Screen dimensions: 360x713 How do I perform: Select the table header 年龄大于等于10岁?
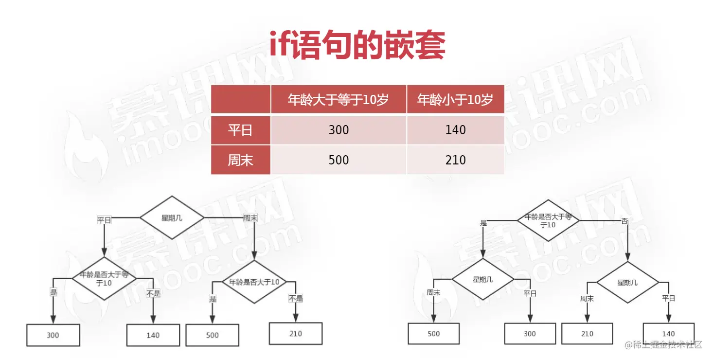click(x=339, y=100)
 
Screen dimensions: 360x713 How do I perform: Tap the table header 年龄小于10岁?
click(x=455, y=100)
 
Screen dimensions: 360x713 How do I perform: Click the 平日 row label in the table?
click(x=241, y=130)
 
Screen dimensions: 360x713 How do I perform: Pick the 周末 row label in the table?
click(x=241, y=160)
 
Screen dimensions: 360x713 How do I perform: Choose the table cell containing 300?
click(x=339, y=130)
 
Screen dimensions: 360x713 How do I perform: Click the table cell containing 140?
click(x=455, y=130)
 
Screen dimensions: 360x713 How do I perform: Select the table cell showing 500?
click(x=339, y=160)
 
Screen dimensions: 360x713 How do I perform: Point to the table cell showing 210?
click(x=455, y=160)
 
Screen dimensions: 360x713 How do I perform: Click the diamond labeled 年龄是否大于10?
click(x=254, y=282)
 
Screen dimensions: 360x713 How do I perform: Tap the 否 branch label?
click(x=624, y=221)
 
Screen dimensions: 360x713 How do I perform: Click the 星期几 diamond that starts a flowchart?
click(x=172, y=218)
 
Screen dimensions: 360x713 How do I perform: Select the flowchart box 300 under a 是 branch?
click(x=53, y=335)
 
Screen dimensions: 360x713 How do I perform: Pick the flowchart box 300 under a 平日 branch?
click(x=530, y=334)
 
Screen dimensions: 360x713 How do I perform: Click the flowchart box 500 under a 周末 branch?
click(x=433, y=334)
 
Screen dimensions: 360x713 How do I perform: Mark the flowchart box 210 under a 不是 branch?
click(x=296, y=334)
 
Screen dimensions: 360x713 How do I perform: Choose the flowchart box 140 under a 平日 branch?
click(x=669, y=334)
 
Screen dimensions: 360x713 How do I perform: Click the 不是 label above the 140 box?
click(x=153, y=293)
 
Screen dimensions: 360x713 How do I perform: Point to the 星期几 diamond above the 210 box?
click(x=627, y=283)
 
